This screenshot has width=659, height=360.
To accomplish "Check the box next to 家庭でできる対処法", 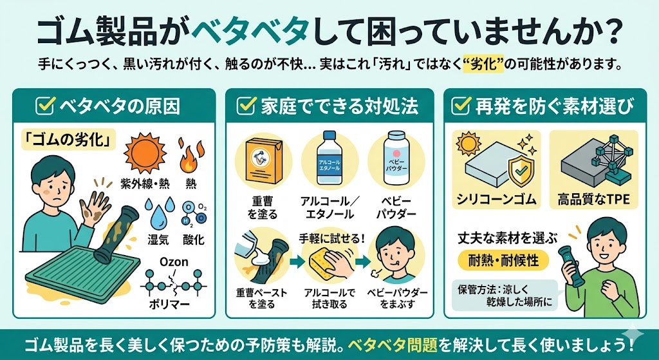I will pyautogui.click(x=246, y=104).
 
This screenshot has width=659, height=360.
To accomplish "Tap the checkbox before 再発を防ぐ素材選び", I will pyautogui.click(x=460, y=104).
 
